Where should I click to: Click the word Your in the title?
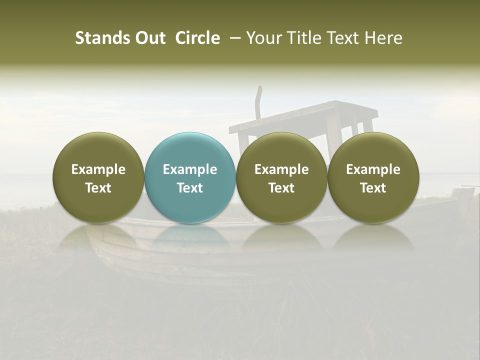click(x=262, y=38)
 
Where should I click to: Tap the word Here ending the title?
click(x=384, y=38)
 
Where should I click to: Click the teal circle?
click(x=190, y=177)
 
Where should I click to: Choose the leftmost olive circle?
click(x=98, y=177)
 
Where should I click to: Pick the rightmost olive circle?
click(x=373, y=177)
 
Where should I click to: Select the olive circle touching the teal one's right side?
click(x=281, y=177)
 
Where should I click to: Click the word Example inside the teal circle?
click(x=190, y=169)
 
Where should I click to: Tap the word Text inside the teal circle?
click(x=190, y=188)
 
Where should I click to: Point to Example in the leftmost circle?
click(x=98, y=169)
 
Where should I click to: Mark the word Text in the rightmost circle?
click(x=373, y=188)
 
